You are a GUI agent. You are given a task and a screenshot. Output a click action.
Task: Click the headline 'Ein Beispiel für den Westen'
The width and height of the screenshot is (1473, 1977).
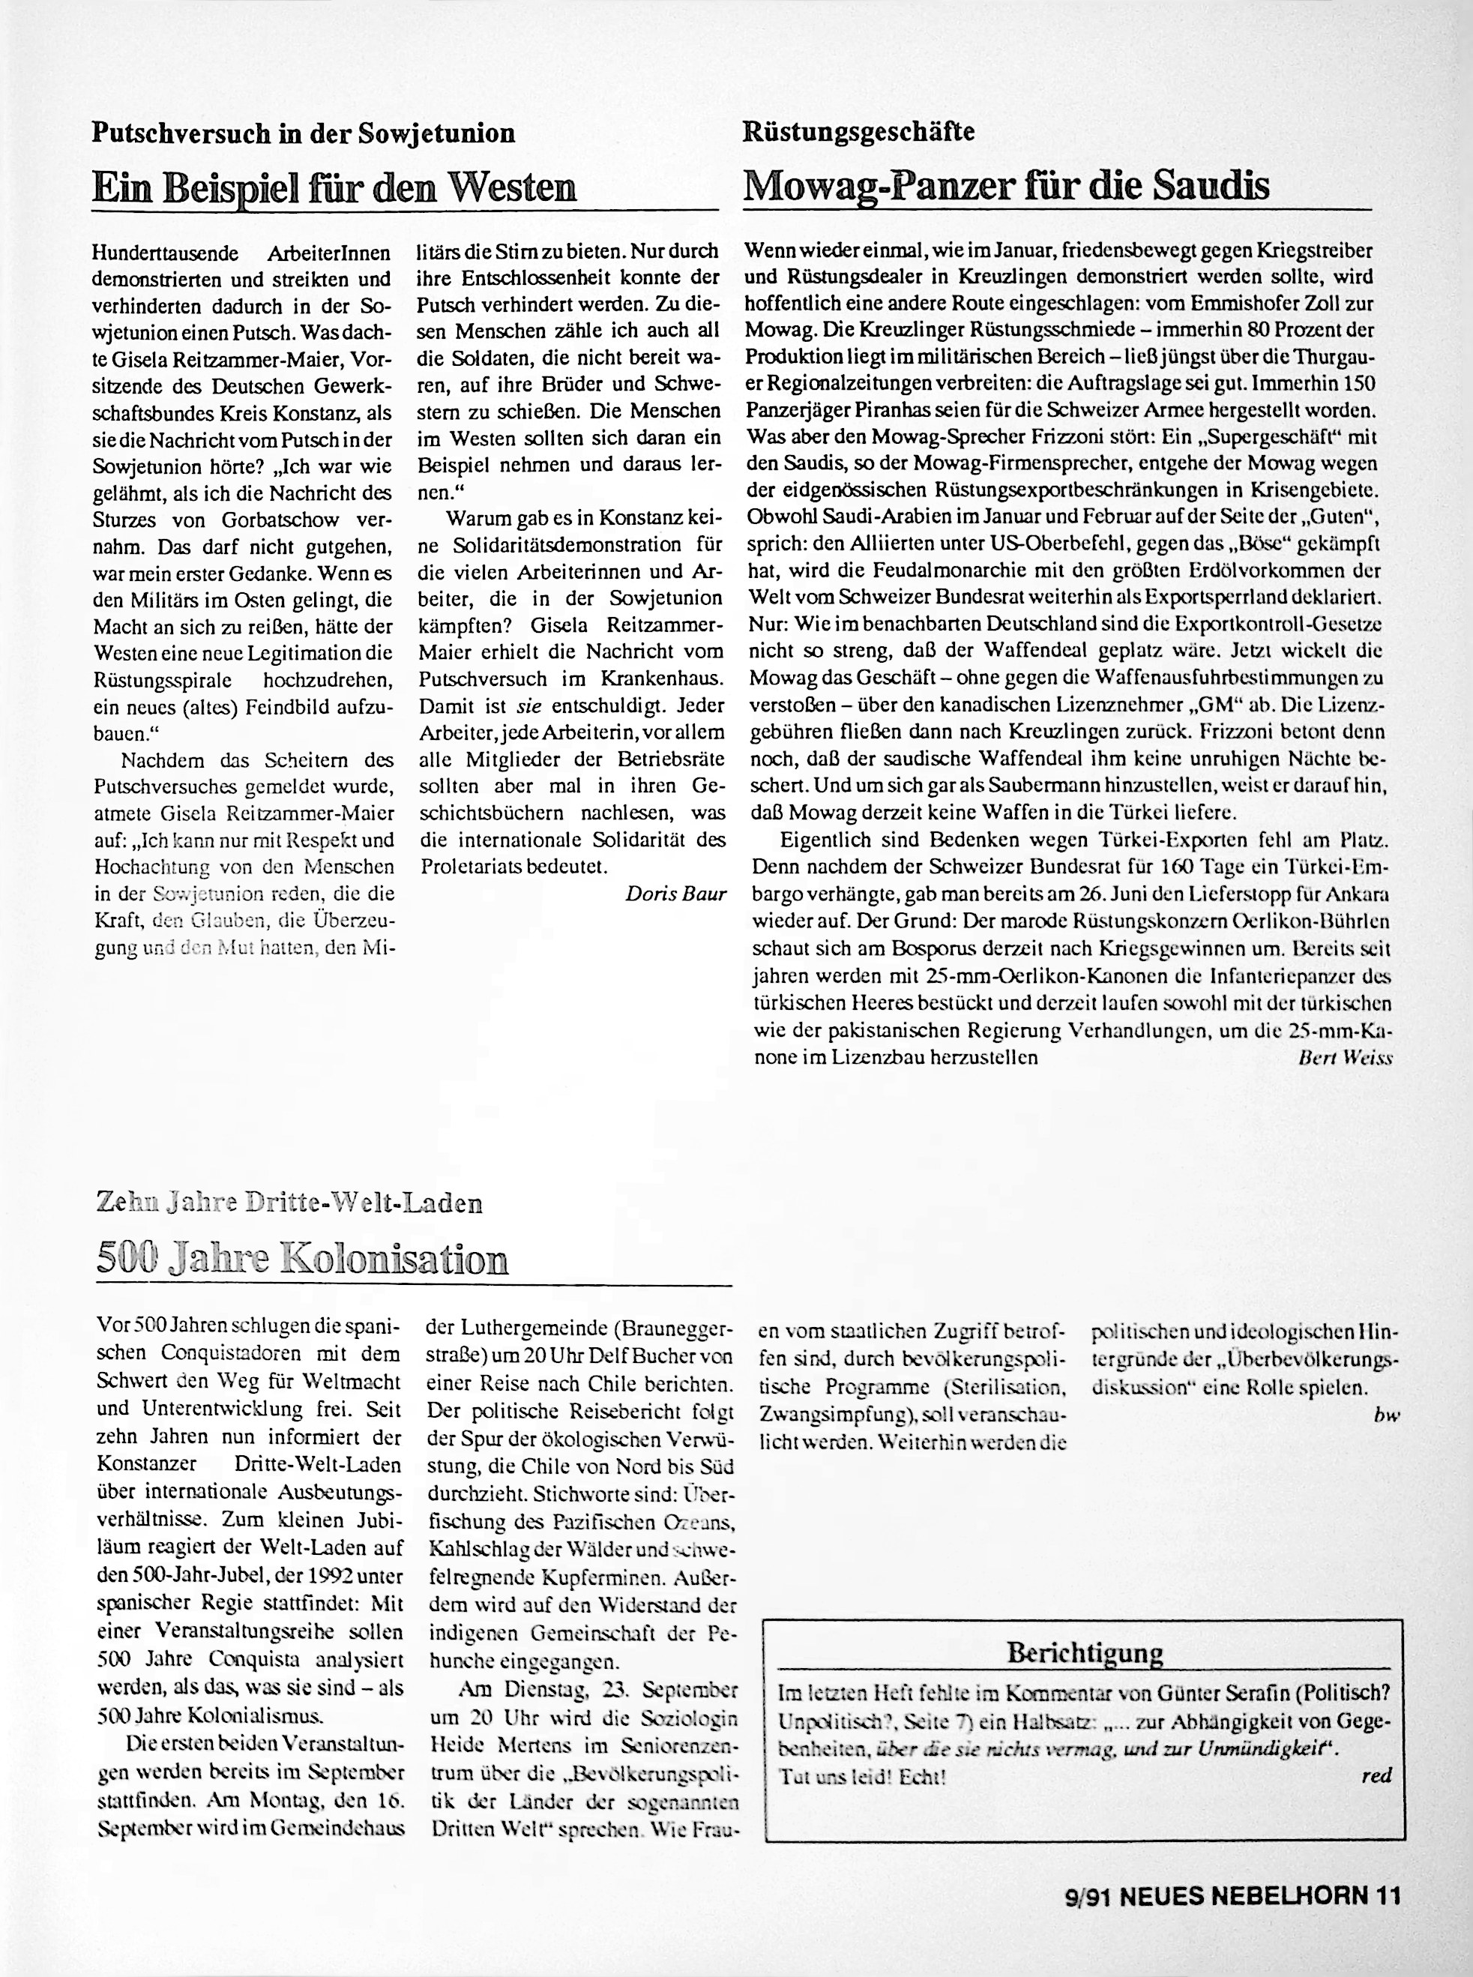[x=334, y=187]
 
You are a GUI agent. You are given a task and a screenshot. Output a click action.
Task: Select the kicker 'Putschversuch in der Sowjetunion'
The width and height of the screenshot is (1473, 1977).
[x=303, y=133]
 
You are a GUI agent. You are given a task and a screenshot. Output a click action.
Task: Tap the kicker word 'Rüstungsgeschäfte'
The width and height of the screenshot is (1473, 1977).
[x=858, y=133]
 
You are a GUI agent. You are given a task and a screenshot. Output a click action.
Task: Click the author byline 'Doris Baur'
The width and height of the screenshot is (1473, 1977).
[x=676, y=894]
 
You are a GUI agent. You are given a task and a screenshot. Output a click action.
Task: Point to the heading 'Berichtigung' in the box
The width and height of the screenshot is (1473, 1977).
[x=1084, y=1652]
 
